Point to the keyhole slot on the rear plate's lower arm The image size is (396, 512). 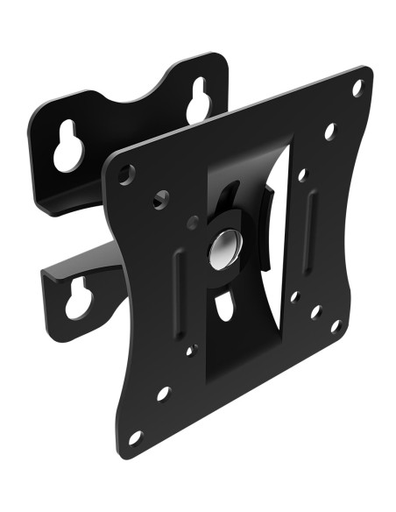[78, 299]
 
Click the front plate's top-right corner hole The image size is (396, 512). [357, 88]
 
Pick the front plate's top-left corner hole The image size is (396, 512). [126, 175]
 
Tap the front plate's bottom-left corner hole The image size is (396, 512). [134, 436]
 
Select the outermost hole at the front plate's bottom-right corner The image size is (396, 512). [336, 325]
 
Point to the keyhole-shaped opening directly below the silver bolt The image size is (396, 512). [223, 307]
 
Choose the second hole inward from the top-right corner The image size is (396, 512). [329, 132]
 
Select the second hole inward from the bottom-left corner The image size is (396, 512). [163, 393]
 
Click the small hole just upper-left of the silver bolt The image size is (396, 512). [193, 223]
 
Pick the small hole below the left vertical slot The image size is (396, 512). [190, 351]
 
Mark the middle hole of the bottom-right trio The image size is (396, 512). [315, 312]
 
